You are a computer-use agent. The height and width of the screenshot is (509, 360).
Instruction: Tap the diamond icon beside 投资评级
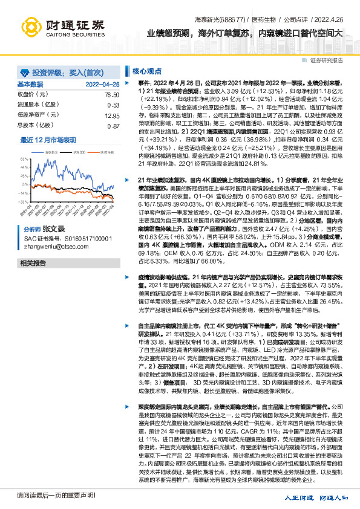24,71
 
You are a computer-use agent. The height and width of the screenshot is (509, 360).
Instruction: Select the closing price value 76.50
111,95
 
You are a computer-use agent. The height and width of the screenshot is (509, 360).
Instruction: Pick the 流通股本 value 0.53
112,105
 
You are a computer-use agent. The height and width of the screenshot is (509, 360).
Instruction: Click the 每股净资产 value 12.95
111,115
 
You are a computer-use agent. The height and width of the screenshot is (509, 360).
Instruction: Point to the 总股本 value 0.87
112,126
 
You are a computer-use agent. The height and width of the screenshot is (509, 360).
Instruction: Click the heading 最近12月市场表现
48,140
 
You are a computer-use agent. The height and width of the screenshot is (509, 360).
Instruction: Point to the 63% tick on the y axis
24,157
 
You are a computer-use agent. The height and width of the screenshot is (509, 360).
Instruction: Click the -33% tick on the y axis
23,201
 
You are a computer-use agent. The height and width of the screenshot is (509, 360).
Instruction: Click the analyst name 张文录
53,230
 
